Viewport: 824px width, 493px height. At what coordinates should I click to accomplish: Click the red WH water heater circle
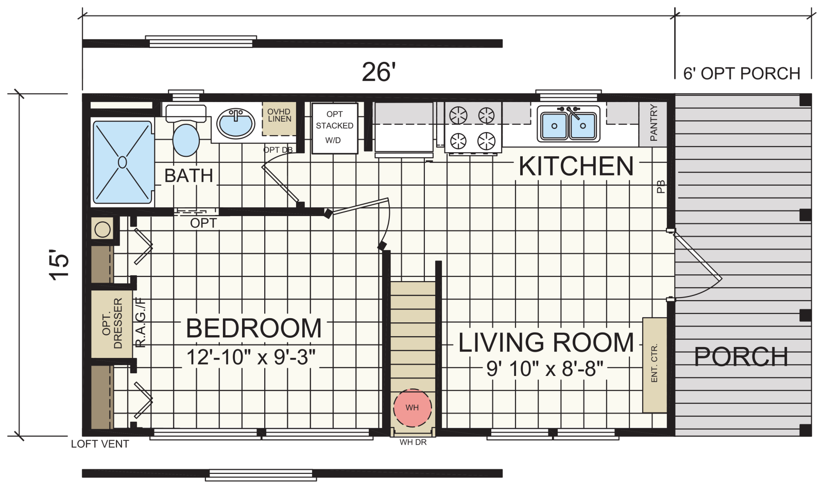[x=413, y=407]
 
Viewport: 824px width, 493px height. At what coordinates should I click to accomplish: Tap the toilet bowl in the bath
[x=186, y=140]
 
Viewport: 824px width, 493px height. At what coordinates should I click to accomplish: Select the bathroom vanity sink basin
[x=235, y=123]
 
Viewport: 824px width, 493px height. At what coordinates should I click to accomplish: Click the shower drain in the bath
[x=123, y=162]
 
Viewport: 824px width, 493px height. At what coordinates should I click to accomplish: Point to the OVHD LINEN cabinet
[x=279, y=119]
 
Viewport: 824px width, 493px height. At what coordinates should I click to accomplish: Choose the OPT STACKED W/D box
[x=335, y=128]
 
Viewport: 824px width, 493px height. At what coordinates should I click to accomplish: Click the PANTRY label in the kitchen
[x=654, y=123]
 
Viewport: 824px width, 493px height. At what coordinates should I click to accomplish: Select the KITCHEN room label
[x=576, y=167]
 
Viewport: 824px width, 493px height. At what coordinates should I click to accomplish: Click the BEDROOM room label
[x=254, y=328]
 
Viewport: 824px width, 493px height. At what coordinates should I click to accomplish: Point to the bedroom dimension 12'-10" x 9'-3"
[x=251, y=357]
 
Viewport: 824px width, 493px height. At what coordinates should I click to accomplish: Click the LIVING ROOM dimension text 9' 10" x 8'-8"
[x=545, y=368]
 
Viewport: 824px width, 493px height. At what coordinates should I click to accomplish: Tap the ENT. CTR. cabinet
[x=655, y=365]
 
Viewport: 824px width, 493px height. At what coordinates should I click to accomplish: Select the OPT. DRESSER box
[x=112, y=323]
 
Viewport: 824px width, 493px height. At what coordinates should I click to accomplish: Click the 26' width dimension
[x=379, y=72]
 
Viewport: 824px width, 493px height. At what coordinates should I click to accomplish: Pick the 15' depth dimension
[x=59, y=266]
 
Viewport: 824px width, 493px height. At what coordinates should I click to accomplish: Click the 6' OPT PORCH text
[x=742, y=74]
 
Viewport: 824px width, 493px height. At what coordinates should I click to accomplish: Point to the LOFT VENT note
[x=100, y=444]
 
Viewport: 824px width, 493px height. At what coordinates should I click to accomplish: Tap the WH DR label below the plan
[x=413, y=442]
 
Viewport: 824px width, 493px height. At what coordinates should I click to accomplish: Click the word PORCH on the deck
[x=741, y=356]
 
